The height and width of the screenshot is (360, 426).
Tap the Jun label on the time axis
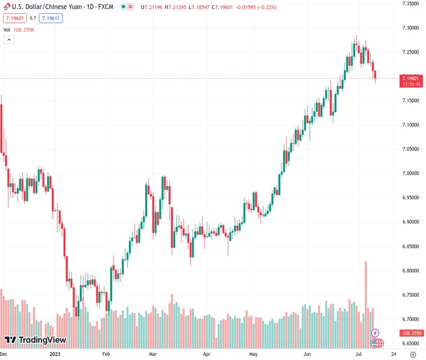[306, 355]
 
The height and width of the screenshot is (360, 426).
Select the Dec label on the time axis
[4, 355]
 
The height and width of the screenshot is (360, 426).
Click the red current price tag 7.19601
[412, 78]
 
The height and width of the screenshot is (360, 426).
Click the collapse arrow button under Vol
[9, 40]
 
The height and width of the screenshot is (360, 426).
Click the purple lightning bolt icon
[376, 332]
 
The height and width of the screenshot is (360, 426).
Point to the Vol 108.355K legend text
[19, 29]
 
